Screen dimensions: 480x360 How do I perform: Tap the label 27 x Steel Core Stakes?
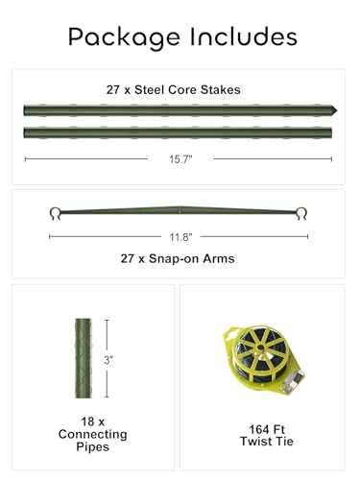[x=180, y=89]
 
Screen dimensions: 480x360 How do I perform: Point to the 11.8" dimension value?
[x=180, y=236]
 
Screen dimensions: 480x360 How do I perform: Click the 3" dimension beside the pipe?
[x=110, y=360]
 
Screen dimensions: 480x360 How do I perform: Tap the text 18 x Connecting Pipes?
[x=93, y=434]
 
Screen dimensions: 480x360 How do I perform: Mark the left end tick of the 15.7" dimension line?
[x=26, y=158]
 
